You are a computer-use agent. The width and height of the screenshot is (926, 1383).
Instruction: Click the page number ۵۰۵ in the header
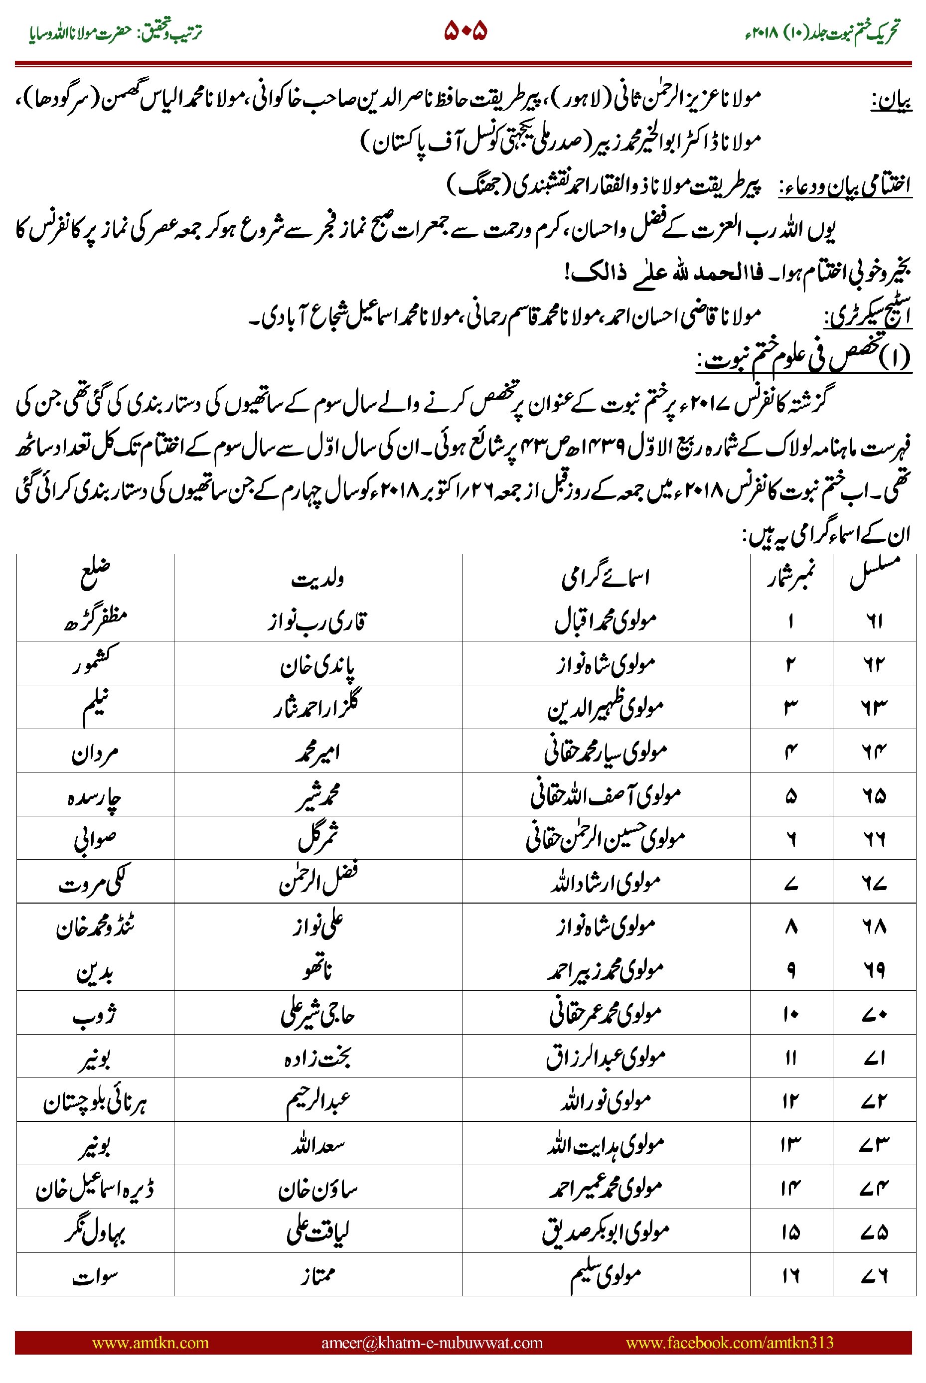(x=465, y=31)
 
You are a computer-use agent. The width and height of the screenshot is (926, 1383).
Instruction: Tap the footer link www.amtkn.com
(x=151, y=1343)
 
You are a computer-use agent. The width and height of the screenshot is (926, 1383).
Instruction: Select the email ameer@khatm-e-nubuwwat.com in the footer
(x=432, y=1343)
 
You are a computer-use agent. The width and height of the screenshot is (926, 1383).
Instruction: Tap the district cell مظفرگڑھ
(x=95, y=620)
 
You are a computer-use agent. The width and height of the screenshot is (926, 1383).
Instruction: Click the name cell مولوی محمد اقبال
(x=606, y=620)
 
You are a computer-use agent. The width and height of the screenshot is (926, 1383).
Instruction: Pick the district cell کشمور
(x=95, y=662)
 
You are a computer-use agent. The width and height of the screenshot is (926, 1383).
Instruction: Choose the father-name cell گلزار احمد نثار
(x=318, y=706)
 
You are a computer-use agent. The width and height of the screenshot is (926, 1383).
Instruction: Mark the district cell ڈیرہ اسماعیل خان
(x=95, y=1189)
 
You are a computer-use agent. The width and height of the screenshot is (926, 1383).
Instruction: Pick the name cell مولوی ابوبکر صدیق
(x=606, y=1232)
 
